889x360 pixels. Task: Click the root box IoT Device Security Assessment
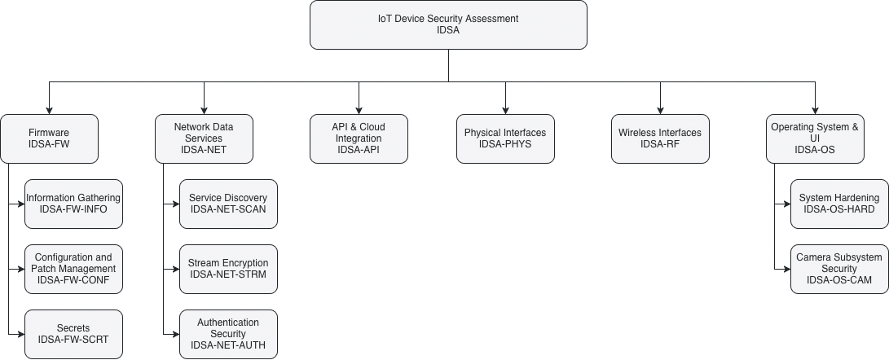(448, 24)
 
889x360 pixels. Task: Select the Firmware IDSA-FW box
(49, 138)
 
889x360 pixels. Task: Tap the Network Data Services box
(204, 138)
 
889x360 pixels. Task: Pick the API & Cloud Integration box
(359, 138)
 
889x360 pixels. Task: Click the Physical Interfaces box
(505, 138)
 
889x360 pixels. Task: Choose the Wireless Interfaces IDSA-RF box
(660, 138)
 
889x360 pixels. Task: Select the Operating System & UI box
(815, 138)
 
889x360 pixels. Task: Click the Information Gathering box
(73, 204)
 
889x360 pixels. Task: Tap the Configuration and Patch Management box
(73, 269)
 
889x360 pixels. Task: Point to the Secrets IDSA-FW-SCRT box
(73, 334)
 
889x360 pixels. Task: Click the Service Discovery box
(228, 204)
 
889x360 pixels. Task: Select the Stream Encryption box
(228, 269)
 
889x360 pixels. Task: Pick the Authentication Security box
(228, 334)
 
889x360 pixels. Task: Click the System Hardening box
(839, 204)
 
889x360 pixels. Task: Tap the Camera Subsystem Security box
(839, 269)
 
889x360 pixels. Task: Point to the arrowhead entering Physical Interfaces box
(505, 110)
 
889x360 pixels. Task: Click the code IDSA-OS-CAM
(839, 280)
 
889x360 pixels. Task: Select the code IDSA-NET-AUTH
(228, 345)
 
